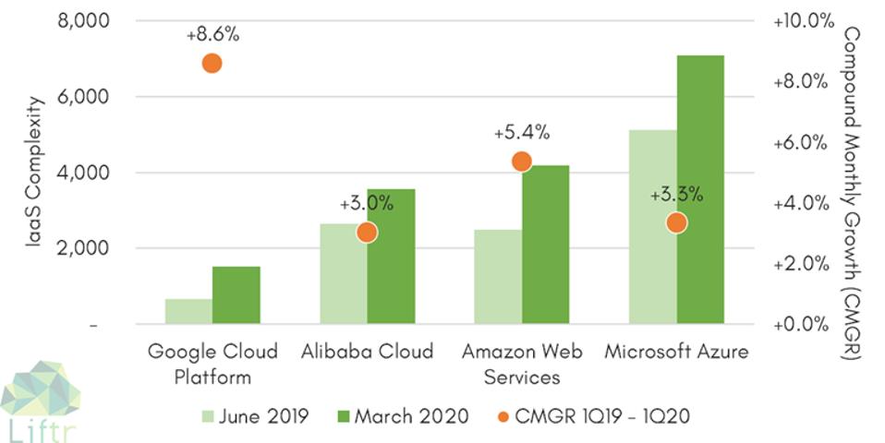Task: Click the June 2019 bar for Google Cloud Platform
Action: coord(188,312)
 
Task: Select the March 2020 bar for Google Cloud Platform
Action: coord(236,295)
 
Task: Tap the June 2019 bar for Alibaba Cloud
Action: coord(343,274)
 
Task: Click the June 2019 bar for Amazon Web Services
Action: coord(497,277)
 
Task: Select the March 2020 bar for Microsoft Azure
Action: coord(699,189)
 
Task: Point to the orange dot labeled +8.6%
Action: coord(212,64)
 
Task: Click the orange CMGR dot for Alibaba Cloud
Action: coord(367,233)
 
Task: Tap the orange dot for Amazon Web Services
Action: coord(521,162)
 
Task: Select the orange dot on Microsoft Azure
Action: coord(676,222)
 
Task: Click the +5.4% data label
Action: coord(521,133)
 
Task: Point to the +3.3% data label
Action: coord(676,195)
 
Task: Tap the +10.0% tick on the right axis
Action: coord(799,20)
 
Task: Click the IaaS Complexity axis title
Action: coord(33,174)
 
